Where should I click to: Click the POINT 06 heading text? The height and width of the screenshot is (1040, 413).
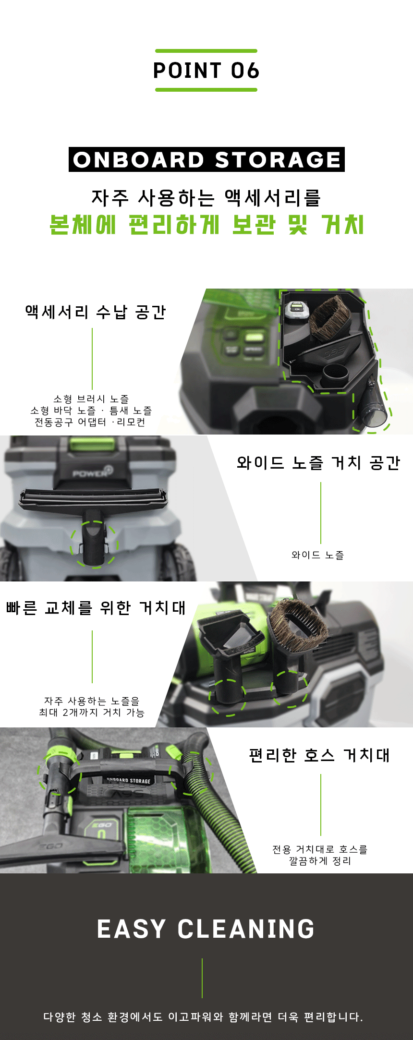[x=206, y=71]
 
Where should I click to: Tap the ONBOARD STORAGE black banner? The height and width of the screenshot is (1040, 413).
[x=206, y=159]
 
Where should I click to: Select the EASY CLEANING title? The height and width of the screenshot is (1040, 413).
[x=206, y=929]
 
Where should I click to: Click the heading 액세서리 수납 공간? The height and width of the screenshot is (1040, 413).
[x=96, y=312]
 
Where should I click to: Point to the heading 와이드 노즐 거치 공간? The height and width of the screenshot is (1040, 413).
[x=318, y=463]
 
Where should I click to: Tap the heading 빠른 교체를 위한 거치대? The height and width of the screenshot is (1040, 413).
[x=96, y=608]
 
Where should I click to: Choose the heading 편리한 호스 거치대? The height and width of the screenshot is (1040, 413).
[x=319, y=755]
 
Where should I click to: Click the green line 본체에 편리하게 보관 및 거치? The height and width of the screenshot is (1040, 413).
[x=206, y=225]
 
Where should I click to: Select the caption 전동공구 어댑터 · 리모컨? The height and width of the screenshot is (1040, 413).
[x=90, y=422]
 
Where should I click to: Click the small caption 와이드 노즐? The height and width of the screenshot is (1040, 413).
[x=317, y=555]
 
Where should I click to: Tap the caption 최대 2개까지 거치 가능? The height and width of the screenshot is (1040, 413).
[x=92, y=713]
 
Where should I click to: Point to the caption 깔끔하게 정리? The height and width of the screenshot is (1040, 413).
[x=320, y=861]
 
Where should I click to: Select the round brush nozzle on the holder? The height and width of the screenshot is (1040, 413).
[x=298, y=624]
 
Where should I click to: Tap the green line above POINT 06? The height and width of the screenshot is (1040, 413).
[x=206, y=51]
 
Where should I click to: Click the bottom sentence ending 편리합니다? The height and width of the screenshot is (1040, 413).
[x=203, y=1017]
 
